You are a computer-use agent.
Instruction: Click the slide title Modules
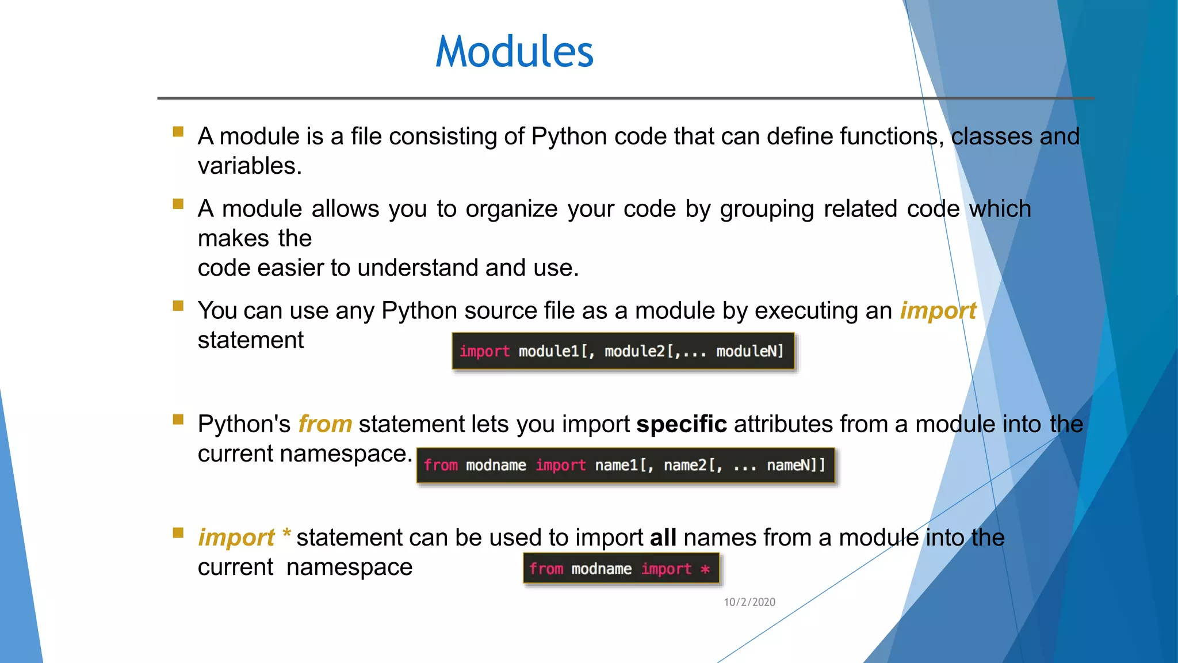pyautogui.click(x=514, y=52)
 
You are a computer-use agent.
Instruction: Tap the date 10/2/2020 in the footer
pyautogui.click(x=749, y=602)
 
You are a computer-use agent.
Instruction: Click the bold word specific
pyautogui.click(x=681, y=424)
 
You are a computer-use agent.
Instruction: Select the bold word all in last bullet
pyautogui.click(x=663, y=538)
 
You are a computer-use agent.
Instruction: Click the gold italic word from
pyautogui.click(x=325, y=424)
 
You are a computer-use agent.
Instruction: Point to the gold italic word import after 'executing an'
pyautogui.click(x=938, y=311)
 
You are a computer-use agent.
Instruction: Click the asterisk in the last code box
pyautogui.click(x=705, y=569)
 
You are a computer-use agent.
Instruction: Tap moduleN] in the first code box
pyautogui.click(x=749, y=351)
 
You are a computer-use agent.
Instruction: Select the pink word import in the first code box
pyautogui.click(x=484, y=351)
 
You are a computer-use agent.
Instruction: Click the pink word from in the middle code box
pyautogui.click(x=441, y=465)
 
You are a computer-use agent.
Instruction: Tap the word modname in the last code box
pyautogui.click(x=601, y=569)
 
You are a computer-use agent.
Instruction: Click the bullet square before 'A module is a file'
pyautogui.click(x=178, y=132)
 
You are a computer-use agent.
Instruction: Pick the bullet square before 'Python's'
pyautogui.click(x=178, y=420)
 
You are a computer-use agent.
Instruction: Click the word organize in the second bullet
pyautogui.click(x=511, y=209)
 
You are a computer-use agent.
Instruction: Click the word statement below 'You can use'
pyautogui.click(x=250, y=340)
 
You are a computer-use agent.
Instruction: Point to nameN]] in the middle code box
pyautogui.click(x=795, y=465)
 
